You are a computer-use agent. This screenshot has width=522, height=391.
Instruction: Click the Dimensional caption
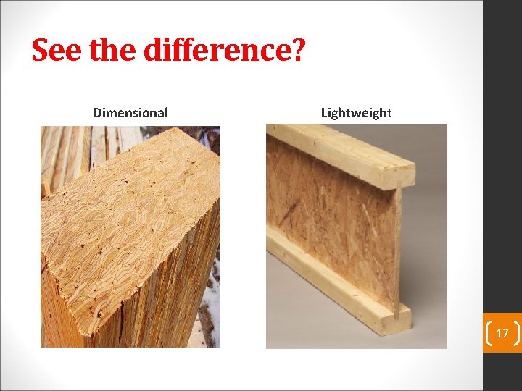tap(130, 113)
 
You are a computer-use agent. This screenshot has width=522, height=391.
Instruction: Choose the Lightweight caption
tap(356, 113)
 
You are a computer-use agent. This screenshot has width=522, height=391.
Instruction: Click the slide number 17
tap(502, 334)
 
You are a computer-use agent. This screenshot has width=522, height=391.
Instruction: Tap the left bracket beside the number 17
tap(488, 333)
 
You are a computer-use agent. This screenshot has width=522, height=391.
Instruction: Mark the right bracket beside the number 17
tap(516, 333)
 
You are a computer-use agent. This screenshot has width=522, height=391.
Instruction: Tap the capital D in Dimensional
tap(97, 113)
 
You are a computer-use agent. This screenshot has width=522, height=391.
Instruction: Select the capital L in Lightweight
tap(324, 113)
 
